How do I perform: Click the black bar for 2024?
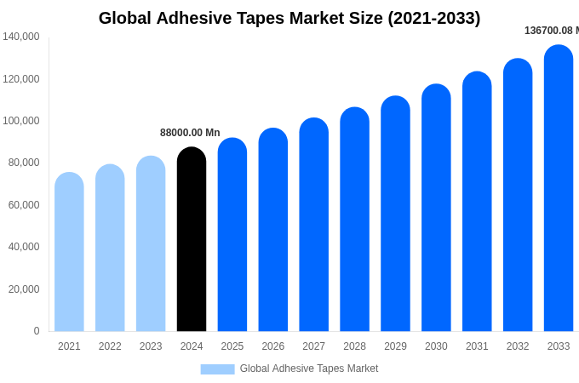point(192,240)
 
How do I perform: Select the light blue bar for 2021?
point(69,253)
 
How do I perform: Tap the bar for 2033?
point(559,189)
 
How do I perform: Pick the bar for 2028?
point(354,220)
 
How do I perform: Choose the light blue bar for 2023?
point(151,244)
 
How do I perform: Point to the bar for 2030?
point(436,209)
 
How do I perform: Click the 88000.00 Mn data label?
point(190,133)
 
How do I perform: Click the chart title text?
point(289,18)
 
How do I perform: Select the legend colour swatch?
point(217,369)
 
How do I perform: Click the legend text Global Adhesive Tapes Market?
point(309,369)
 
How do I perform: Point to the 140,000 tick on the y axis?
point(21,37)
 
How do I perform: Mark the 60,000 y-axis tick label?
point(24,205)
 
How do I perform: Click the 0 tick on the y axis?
point(37,331)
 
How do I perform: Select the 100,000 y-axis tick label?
point(21,121)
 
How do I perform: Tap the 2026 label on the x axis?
point(273,346)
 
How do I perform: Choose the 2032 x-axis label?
point(518,346)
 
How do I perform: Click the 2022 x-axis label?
point(110,346)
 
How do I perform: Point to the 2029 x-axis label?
point(395,346)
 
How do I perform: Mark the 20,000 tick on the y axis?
point(24,289)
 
